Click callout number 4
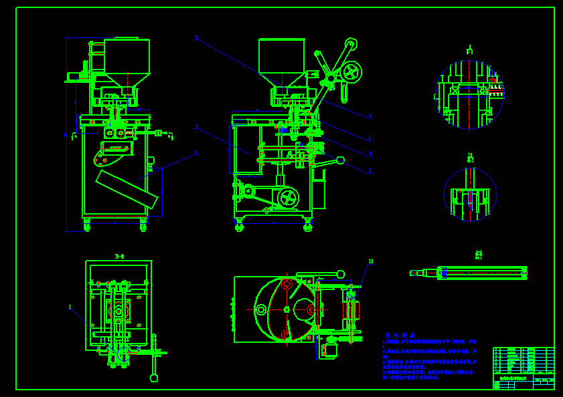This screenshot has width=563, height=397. pos(370,116)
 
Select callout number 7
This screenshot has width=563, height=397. pos(370,171)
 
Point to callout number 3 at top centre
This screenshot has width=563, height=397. pos(196,38)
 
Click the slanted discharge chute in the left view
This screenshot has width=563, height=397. pos(127,189)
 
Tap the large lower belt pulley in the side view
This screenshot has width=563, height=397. pos(288,198)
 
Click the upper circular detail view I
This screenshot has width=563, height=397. pos(470,94)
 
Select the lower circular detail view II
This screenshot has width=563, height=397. pos(470,195)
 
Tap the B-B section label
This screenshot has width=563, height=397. pos(119,257)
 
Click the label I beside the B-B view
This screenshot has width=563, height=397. pos(70,307)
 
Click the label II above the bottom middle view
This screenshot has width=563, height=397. pos(370,261)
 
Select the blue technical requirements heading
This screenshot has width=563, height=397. pos(400,336)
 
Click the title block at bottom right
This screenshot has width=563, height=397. pos(524,368)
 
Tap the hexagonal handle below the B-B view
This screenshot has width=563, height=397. pos(154,378)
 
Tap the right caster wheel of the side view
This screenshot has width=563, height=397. pos(308,227)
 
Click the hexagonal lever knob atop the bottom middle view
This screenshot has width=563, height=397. pos(340,273)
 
